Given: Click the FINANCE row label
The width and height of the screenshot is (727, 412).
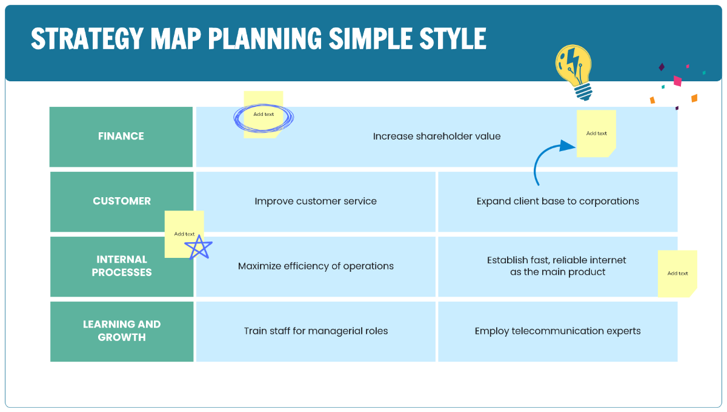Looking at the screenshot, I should tap(121, 137).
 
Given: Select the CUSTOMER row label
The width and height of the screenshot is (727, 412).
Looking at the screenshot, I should tap(122, 201).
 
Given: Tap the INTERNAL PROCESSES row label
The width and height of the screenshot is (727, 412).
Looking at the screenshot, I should tap(122, 266).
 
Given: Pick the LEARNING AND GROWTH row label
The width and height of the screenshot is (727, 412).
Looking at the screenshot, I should tap(122, 331).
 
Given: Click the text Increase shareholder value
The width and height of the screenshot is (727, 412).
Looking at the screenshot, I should tap(436, 137).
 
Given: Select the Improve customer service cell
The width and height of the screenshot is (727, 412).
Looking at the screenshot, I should tap(316, 201).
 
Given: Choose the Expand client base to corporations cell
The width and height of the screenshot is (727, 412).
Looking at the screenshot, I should tap(557, 201).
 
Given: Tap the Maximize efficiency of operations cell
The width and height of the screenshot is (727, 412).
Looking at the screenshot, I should tap(316, 266).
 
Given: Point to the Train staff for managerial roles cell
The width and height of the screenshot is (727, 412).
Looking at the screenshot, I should tap(316, 331).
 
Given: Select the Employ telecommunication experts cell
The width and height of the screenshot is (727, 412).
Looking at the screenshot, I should tap(557, 331).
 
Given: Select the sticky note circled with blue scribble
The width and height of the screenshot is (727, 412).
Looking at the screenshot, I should tap(264, 115).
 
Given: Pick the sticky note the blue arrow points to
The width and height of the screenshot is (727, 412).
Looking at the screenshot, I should tap(596, 133).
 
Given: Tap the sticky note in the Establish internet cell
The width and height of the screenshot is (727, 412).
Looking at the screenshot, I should tap(677, 274).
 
